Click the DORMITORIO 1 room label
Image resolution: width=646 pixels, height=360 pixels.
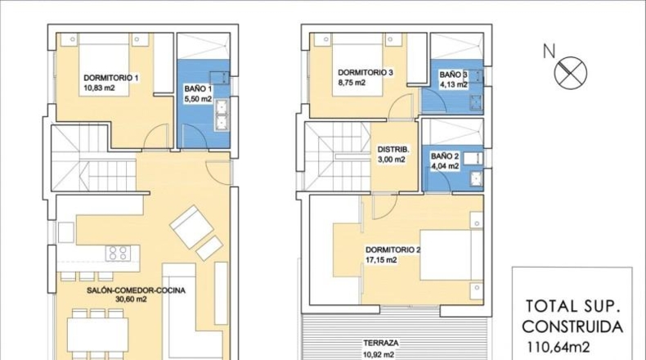pos(111,78)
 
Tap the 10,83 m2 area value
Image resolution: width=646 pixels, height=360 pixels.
pos(99,88)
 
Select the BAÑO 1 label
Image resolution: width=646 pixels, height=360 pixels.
pos(198,89)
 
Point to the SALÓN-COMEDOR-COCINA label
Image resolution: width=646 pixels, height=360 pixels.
pos(136,290)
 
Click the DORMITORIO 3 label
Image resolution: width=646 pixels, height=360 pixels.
pos(366,73)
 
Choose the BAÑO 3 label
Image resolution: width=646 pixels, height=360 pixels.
pos(453,74)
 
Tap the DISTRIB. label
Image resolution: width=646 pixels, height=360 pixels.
pos(393,149)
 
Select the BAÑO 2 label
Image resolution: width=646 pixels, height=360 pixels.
pos(445,156)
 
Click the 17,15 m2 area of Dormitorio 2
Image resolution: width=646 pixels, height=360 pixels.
pos(381,260)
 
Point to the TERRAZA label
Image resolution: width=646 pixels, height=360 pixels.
pos(381,343)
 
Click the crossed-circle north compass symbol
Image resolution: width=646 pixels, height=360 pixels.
pos(570,72)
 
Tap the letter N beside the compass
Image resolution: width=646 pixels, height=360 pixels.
pos(549,52)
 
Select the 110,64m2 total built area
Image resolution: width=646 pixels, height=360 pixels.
pos(559,347)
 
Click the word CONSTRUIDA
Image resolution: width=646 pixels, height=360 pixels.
pos(572,326)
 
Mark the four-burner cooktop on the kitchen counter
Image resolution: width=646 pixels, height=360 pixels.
pos(118,253)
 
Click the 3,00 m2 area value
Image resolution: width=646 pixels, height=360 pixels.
pos(392,160)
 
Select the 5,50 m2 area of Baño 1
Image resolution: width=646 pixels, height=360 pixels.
pos(198,99)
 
